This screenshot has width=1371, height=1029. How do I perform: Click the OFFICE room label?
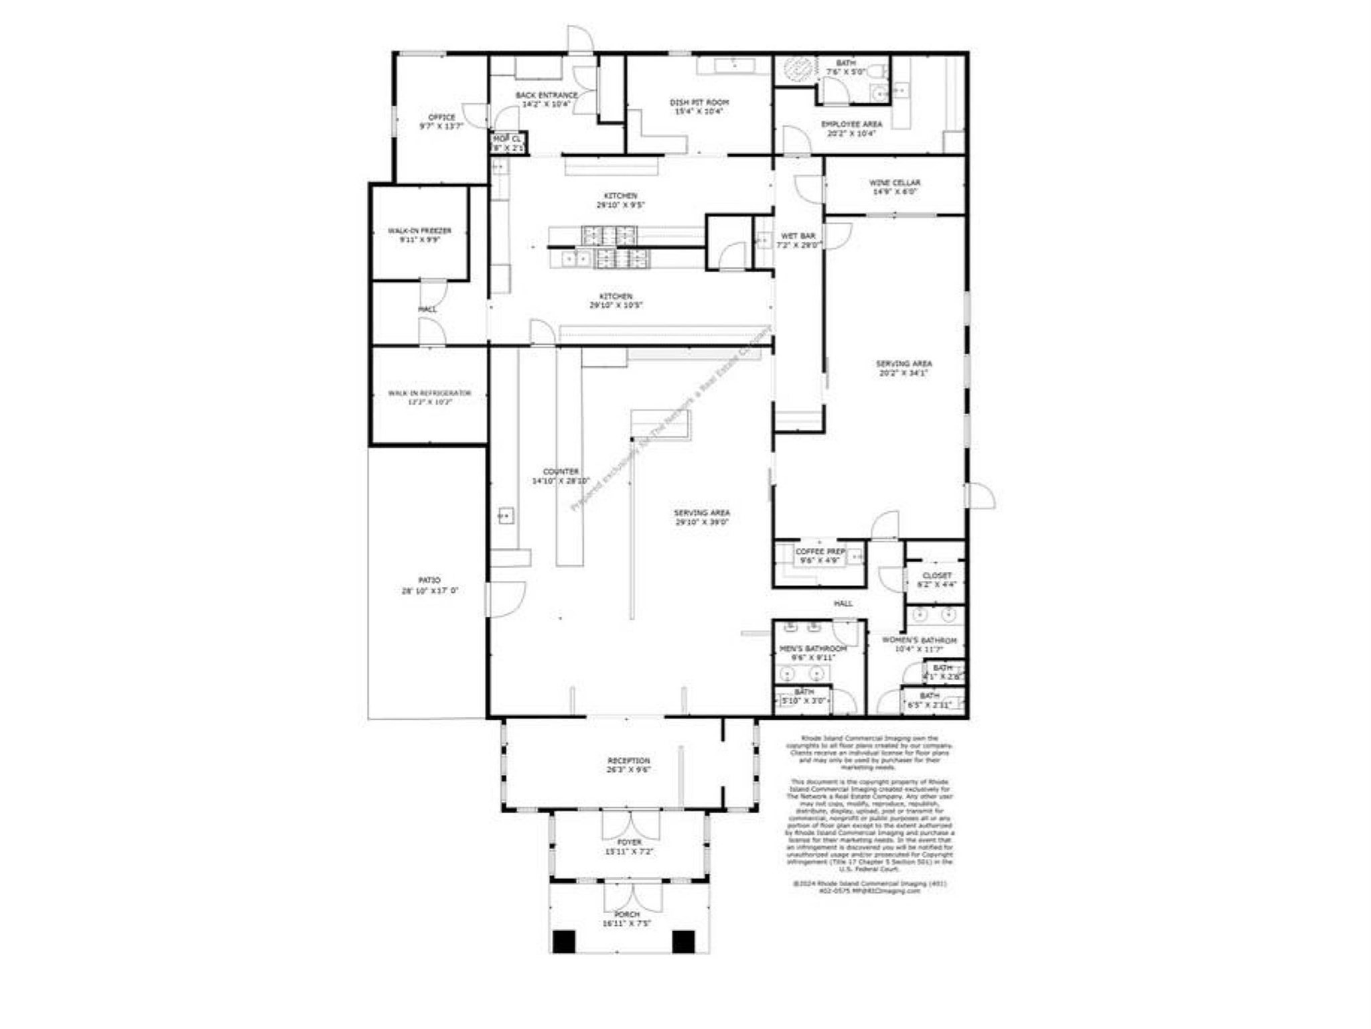click(441, 117)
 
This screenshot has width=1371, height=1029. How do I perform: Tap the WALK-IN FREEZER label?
click(419, 230)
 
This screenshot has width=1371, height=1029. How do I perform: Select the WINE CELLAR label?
click(894, 182)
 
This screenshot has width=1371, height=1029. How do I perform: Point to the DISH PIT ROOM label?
click(699, 102)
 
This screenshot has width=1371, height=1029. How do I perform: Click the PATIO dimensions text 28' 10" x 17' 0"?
click(429, 591)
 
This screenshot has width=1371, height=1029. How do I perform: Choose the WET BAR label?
click(798, 236)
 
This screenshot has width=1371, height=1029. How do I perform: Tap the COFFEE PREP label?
click(820, 551)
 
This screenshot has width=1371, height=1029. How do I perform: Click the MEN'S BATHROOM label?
click(813, 648)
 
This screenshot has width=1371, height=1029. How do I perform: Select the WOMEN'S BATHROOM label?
click(919, 640)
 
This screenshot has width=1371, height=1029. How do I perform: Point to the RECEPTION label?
click(628, 761)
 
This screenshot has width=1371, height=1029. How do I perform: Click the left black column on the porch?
click(564, 941)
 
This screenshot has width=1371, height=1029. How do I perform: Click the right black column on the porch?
click(683, 941)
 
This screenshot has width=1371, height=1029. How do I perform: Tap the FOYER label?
click(629, 842)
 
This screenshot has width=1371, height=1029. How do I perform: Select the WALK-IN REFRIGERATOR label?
click(429, 393)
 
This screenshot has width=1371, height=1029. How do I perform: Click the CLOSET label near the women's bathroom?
click(936, 575)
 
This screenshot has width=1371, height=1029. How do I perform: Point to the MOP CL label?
click(506, 139)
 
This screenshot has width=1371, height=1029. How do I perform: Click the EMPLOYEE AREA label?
click(851, 124)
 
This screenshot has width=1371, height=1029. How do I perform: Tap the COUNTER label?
click(561, 472)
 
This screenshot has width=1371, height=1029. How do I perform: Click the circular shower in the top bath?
click(797, 68)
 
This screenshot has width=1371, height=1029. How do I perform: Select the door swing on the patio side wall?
click(506, 598)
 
